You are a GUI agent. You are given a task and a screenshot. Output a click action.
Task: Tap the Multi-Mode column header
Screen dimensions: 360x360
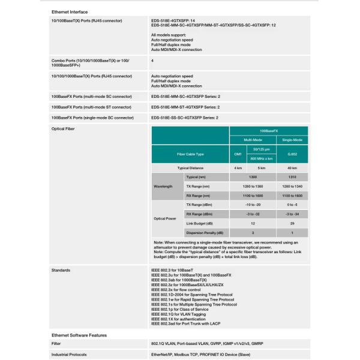pyautogui.click(x=251, y=139)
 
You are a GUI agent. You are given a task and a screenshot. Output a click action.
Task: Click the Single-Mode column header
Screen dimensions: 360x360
pyautogui.click(x=292, y=139)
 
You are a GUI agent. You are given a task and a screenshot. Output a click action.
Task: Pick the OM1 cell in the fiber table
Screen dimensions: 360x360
pyautogui.click(x=237, y=154)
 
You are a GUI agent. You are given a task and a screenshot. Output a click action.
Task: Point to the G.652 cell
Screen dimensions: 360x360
pyautogui.click(x=292, y=154)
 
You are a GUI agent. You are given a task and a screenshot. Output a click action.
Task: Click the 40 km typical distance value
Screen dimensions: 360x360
pyautogui.click(x=292, y=168)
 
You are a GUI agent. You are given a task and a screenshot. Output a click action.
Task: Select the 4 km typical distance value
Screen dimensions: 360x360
pyautogui.click(x=237, y=168)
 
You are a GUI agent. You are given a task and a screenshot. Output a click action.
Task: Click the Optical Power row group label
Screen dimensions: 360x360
pyautogui.click(x=164, y=218)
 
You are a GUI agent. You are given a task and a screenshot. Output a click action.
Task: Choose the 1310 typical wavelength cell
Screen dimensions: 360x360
pyautogui.click(x=292, y=178)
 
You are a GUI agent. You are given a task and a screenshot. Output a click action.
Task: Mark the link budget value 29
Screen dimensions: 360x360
pyautogui.click(x=292, y=223)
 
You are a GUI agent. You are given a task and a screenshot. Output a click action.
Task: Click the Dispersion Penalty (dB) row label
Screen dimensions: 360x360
pyautogui.click(x=205, y=232)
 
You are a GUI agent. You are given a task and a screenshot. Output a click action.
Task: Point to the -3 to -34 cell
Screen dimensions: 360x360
pyautogui.click(x=292, y=214)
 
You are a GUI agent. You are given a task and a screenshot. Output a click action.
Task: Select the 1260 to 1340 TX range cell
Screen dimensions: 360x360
pyautogui.click(x=292, y=187)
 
